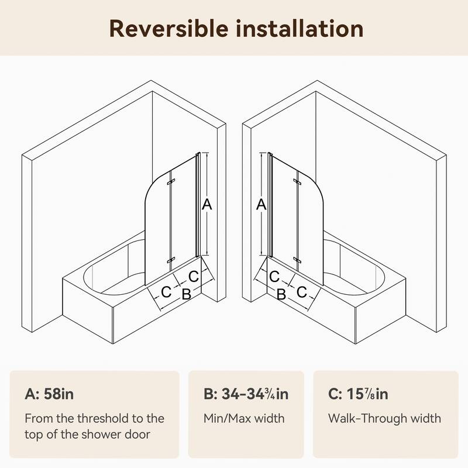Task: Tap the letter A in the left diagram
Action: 206,204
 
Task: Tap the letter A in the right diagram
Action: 261,204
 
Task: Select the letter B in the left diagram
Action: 186,294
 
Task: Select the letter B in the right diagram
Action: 281,294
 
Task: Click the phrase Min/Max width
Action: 244,418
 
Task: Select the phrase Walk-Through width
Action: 385,418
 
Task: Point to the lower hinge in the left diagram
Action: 169,260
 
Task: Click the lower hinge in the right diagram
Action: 298,260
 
